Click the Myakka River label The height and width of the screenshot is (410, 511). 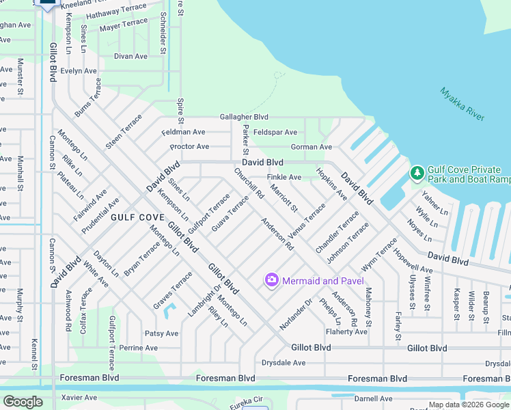click(x=462, y=105)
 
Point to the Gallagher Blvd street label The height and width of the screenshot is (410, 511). click(x=243, y=118)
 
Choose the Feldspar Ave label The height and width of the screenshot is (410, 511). click(x=275, y=132)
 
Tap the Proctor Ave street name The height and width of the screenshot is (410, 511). click(x=189, y=147)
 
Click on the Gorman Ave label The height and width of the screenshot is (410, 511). click(x=312, y=147)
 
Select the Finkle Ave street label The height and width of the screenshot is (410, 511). click(x=284, y=177)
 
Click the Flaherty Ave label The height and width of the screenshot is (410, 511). click(x=346, y=332)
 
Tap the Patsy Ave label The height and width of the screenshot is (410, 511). click(x=161, y=333)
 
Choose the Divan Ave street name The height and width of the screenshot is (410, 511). click(x=130, y=57)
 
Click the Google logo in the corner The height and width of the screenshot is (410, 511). click(x=23, y=401)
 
